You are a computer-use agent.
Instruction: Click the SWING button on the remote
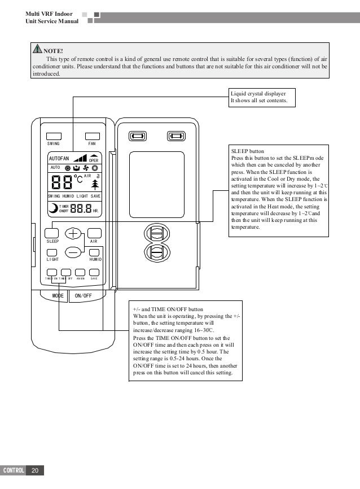54,136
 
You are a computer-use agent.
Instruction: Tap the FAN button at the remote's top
91,136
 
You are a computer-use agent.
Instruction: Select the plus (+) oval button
73,233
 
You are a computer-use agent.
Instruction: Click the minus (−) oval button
73,252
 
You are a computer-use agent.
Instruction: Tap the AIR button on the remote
94,233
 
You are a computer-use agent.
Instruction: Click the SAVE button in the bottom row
94,272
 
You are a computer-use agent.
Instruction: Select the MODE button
57,295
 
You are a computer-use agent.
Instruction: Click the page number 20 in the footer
35,470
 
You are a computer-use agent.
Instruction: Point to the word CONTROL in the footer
14,470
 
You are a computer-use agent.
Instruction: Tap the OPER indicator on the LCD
94,159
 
